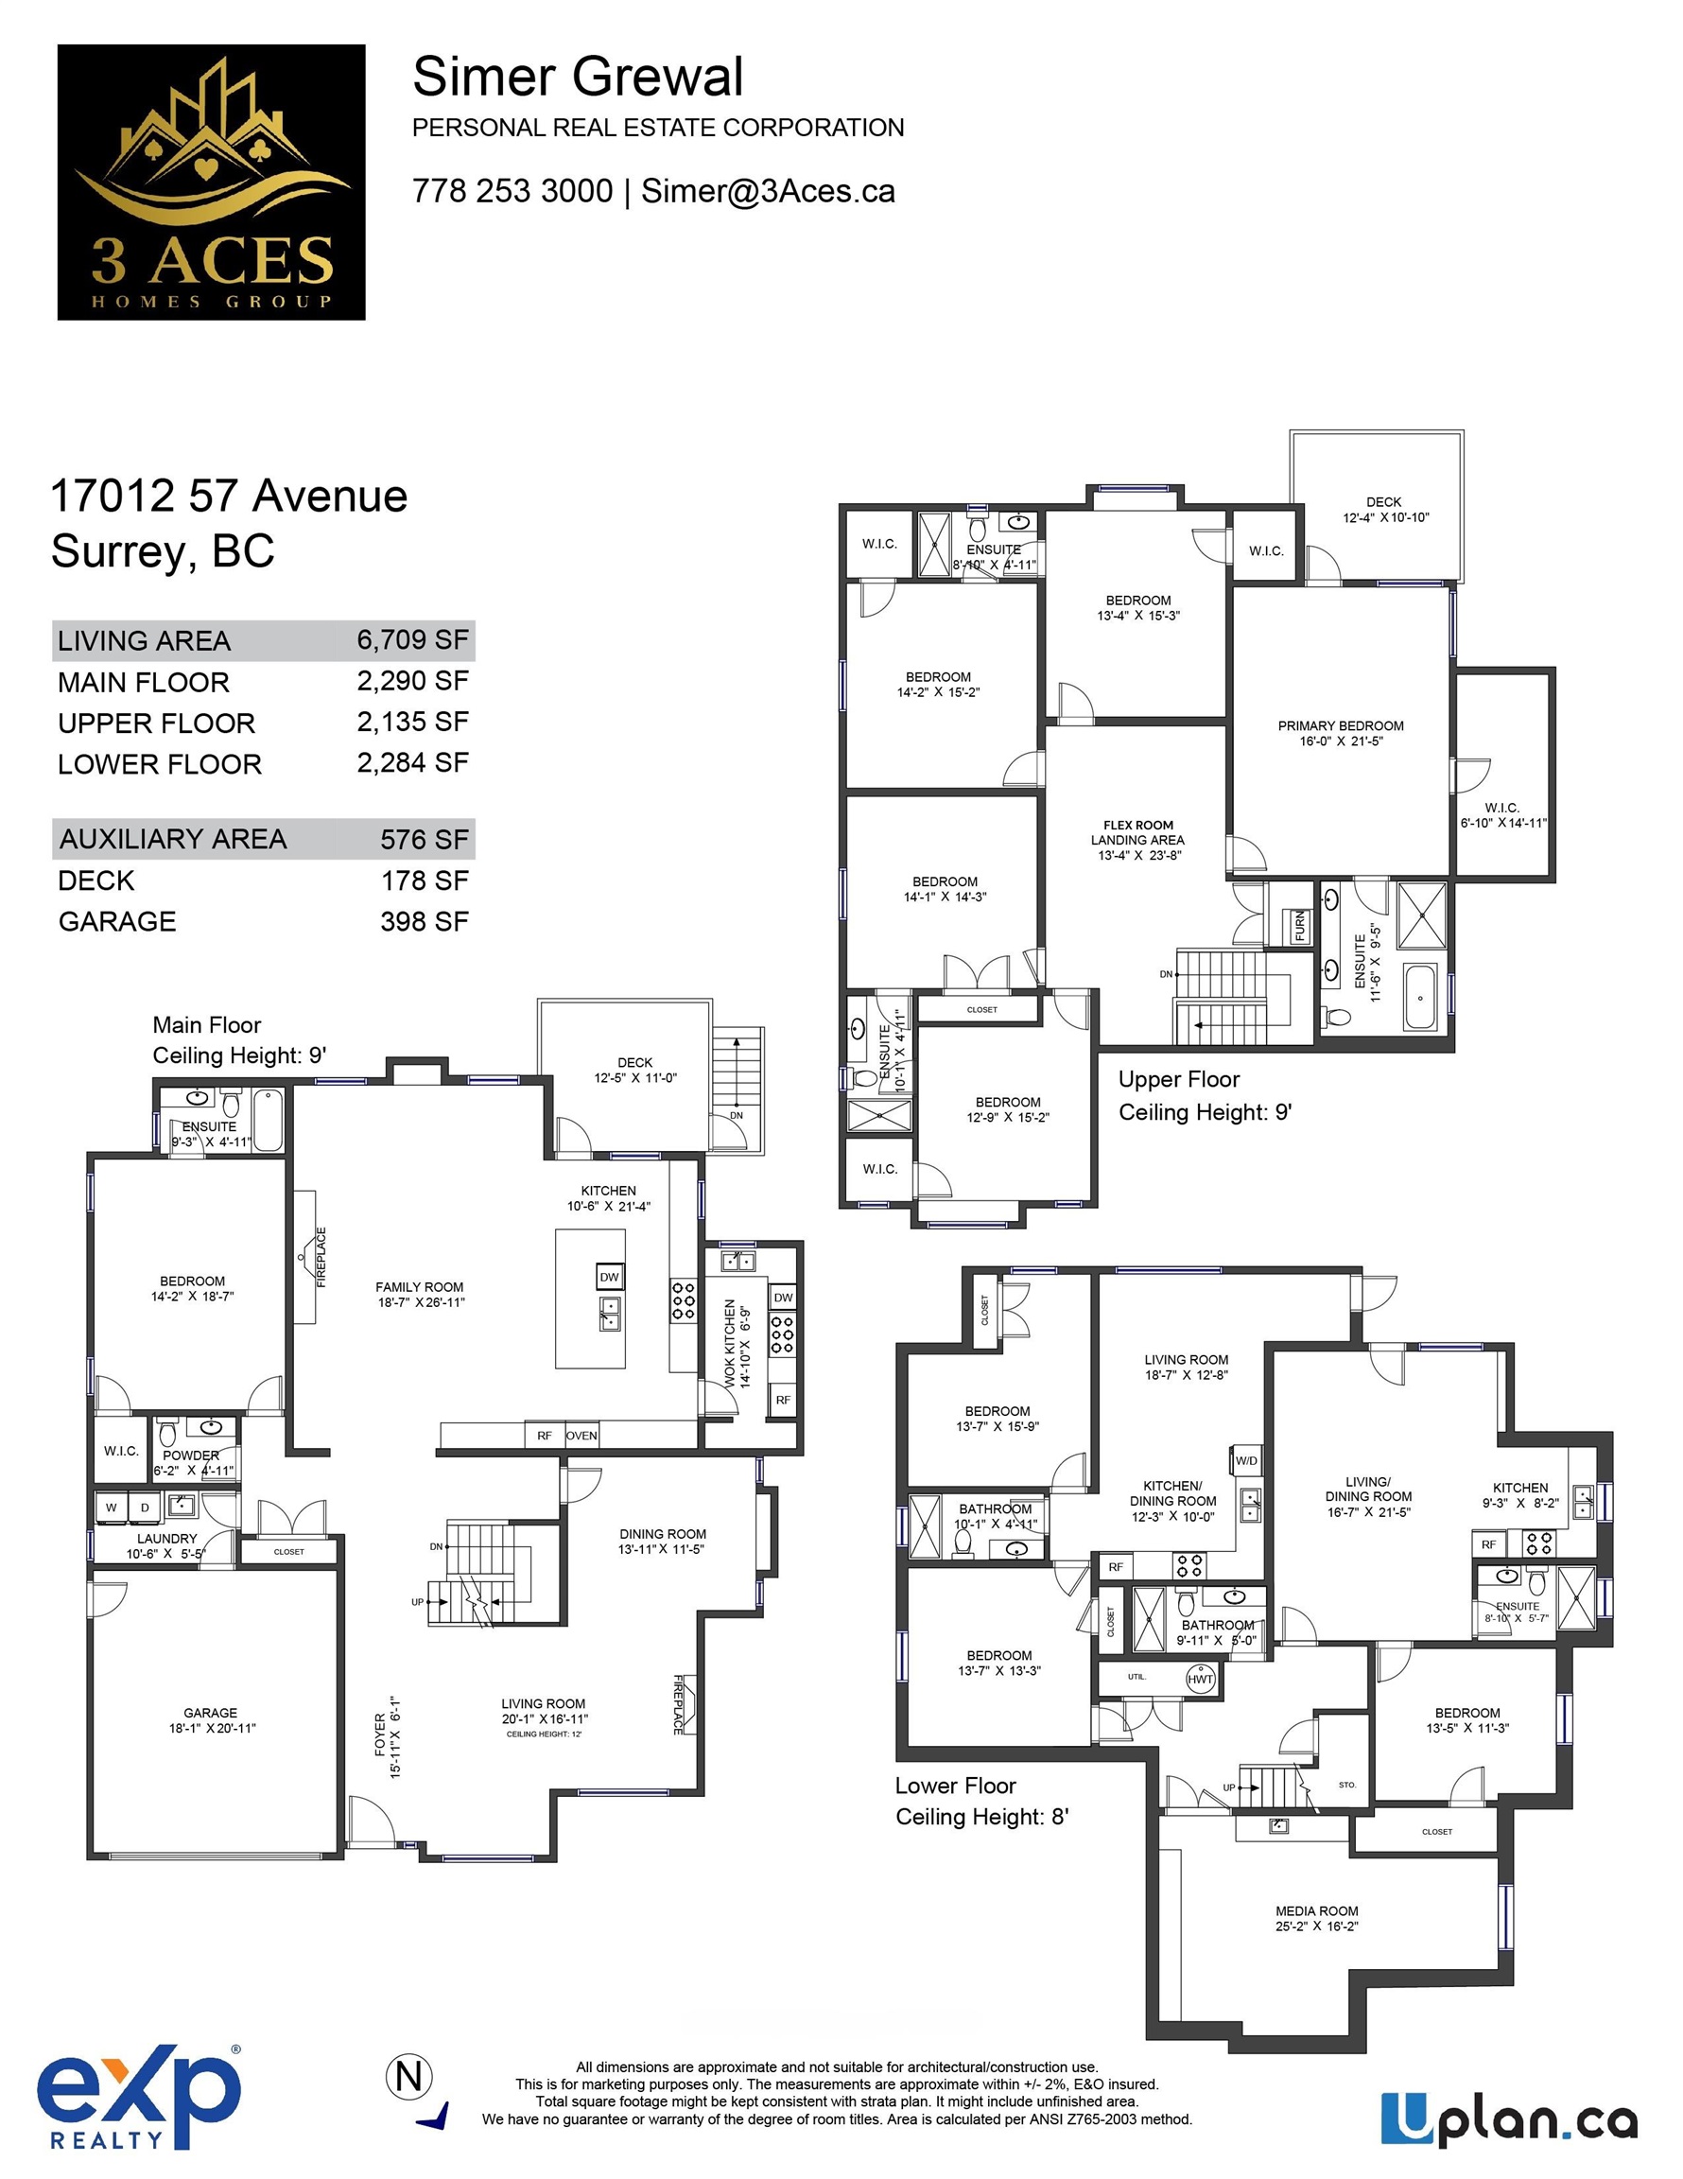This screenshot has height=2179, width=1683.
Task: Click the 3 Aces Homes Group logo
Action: pos(212,182)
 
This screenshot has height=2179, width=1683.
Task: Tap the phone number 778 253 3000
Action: pos(512,190)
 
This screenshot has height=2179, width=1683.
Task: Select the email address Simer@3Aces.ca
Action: pos(768,190)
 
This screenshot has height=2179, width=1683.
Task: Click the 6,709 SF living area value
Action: pos(413,639)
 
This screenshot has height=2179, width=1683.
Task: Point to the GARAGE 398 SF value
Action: pos(424,921)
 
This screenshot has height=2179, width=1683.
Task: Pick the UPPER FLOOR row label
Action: pos(157,723)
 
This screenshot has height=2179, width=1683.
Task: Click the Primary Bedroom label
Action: pos(1341,733)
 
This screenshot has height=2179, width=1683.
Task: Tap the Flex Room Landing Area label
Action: pos(1138,840)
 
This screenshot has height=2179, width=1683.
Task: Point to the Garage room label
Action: pos(211,1720)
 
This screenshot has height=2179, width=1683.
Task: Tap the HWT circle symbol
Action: pos(1201,1678)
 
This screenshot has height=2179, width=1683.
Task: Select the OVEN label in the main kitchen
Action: pos(581,1436)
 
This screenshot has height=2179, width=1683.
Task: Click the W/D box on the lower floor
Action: pos(1247,1460)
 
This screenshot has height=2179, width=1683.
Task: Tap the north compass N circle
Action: pos(409,2076)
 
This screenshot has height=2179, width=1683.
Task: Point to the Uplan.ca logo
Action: pos(1509,2119)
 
